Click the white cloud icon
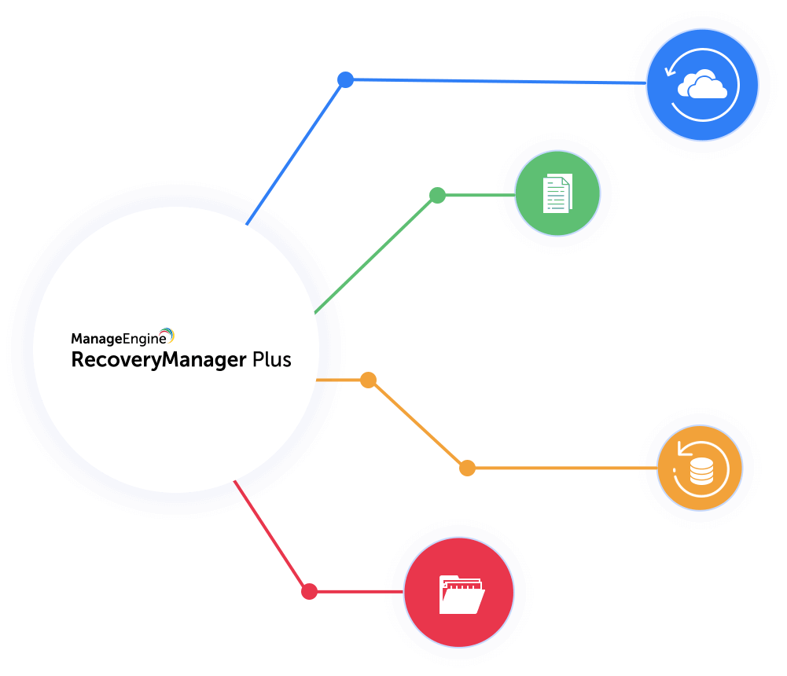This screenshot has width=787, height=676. point(701,85)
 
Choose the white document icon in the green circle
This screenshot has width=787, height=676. point(557,194)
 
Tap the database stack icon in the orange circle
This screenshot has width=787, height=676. point(701,471)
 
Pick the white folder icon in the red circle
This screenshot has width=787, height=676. point(462,593)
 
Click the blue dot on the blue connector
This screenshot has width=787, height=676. point(345,79)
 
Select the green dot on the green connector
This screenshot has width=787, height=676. point(438,195)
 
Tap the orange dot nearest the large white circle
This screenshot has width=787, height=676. point(368,380)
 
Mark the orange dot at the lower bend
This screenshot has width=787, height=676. point(467,468)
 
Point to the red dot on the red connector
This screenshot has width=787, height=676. point(310,591)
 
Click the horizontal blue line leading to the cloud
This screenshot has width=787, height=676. point(495,81)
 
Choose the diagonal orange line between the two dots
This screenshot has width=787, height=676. point(417,424)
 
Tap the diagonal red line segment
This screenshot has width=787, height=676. point(271,535)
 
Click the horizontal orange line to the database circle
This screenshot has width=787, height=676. point(562,468)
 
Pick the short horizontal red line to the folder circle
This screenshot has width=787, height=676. point(358,591)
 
